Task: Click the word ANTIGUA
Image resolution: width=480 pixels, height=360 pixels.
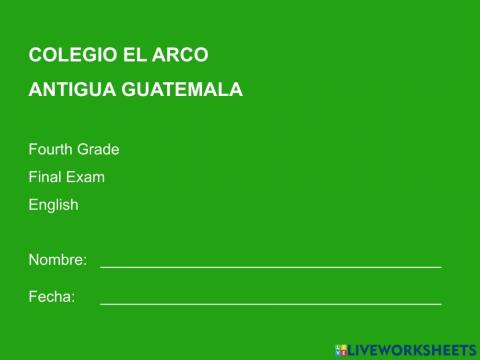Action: click(x=72, y=89)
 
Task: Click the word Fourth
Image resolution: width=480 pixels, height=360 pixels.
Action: click(x=51, y=150)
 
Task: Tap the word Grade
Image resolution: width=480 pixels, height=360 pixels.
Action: click(x=99, y=150)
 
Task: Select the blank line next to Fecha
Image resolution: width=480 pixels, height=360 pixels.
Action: click(x=270, y=302)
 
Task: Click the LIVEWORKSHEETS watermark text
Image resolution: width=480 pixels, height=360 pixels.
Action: click(x=413, y=350)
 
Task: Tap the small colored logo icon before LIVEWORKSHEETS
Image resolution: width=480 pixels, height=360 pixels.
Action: click(x=341, y=350)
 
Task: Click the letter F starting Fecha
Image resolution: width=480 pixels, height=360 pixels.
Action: click(x=33, y=297)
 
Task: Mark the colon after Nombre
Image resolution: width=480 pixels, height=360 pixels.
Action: click(x=85, y=261)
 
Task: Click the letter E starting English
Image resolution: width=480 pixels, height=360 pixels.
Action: click(x=33, y=205)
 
